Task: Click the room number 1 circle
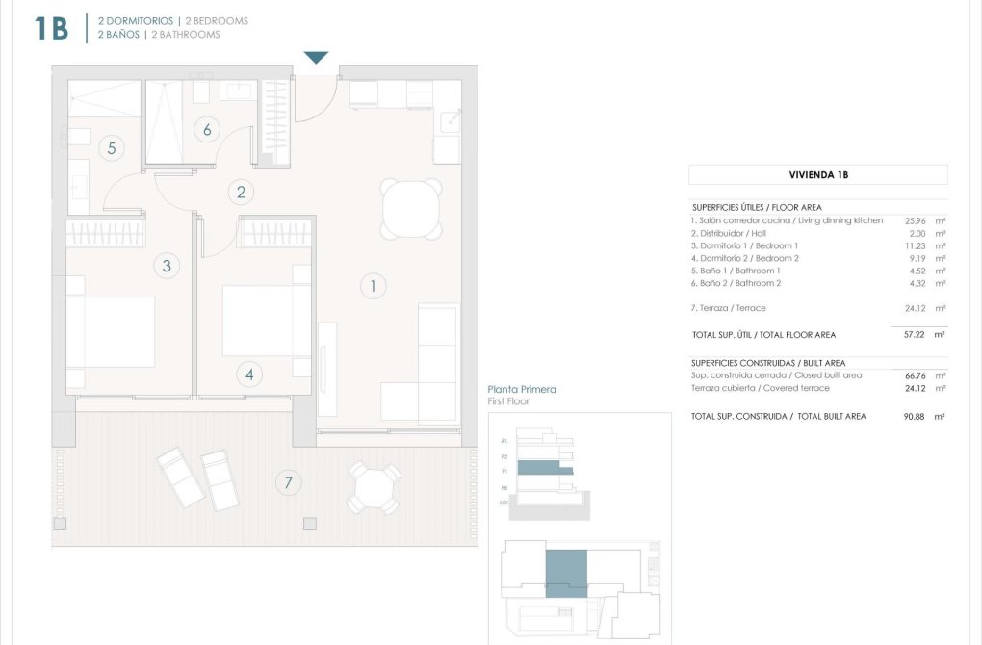coord(372,286)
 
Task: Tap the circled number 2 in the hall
coord(241,192)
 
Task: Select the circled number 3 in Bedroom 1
coord(167,266)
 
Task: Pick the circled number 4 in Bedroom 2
coord(249,374)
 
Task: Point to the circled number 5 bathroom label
coord(112,148)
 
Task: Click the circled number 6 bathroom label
coord(205,129)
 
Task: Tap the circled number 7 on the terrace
coord(287,482)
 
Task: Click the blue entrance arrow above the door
coord(317,58)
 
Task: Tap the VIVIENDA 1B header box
coord(817,175)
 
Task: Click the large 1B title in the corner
coord(51,29)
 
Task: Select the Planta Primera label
coord(522,390)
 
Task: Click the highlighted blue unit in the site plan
coord(566,574)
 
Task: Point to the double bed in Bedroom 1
coord(111,331)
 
